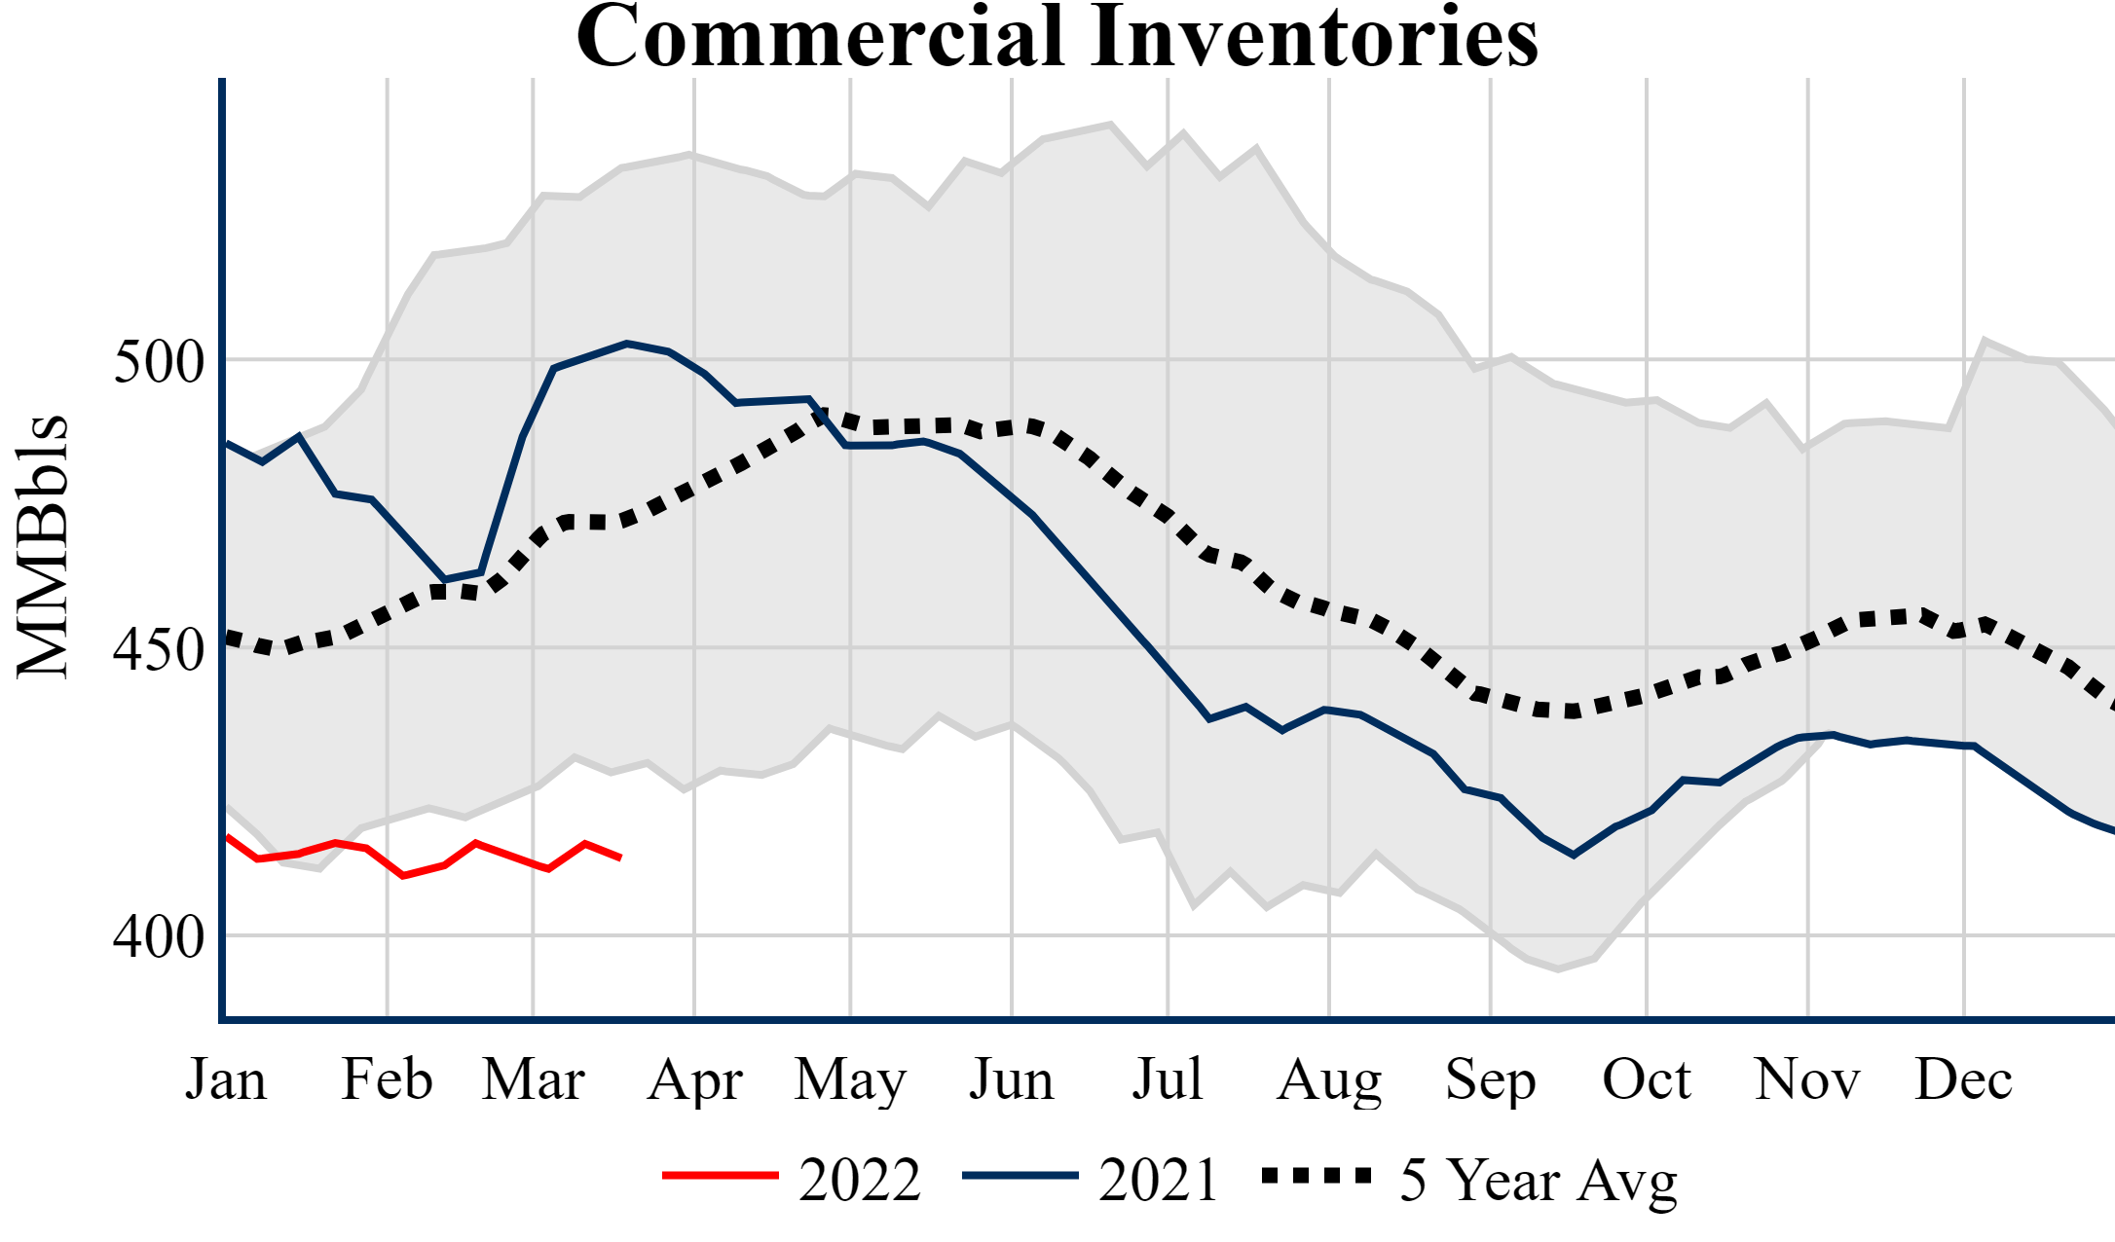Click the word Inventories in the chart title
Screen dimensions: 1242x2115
1314,37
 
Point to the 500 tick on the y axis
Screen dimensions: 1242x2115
159,362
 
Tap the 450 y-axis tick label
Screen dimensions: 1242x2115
159,649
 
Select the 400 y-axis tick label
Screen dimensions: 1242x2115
159,937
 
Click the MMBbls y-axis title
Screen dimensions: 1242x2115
43,546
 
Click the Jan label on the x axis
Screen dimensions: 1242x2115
226,1079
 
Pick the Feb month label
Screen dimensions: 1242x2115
387,1079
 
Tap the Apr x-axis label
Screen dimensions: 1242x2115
694,1081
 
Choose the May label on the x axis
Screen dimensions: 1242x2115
850,1081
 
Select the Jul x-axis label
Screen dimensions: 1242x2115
1167,1079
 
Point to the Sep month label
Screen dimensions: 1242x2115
1490,1081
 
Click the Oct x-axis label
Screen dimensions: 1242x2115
1647,1079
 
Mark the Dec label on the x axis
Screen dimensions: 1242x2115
1963,1079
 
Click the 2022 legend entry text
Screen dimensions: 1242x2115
860,1181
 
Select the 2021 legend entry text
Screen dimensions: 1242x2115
1159,1181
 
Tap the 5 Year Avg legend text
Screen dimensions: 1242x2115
1539,1181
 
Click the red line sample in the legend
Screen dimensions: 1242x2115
721,1176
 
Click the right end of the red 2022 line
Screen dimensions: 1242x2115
620,858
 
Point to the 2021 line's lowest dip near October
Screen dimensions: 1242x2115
1574,855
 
